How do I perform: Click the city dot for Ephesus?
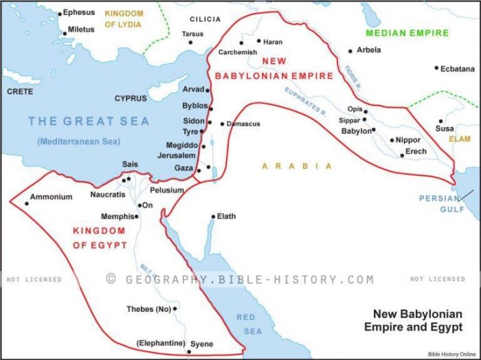(60, 13)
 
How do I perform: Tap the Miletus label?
(81, 30)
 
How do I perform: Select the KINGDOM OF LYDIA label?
(124, 19)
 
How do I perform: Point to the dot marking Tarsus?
(192, 43)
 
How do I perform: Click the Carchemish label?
(237, 52)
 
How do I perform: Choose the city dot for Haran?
(259, 41)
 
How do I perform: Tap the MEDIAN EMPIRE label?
(407, 33)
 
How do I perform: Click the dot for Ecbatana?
(436, 67)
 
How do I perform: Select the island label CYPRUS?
(131, 98)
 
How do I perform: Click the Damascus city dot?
(222, 124)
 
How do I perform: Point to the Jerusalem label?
(176, 156)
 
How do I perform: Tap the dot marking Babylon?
(374, 129)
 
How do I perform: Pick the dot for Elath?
(214, 216)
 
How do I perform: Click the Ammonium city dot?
(27, 203)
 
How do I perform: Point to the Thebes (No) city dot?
(175, 309)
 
